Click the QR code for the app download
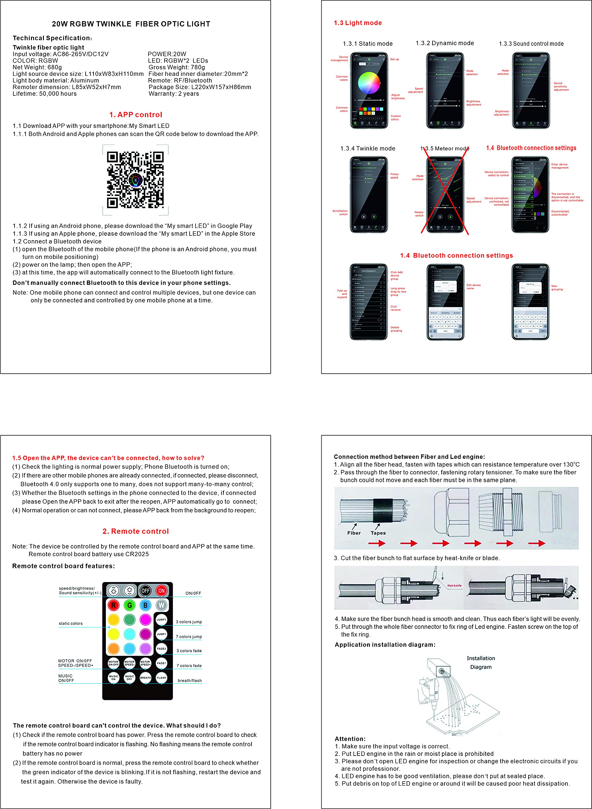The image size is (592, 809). tap(135, 180)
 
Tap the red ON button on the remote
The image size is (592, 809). tap(161, 590)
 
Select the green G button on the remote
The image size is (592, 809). tap(130, 605)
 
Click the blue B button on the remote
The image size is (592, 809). tap(145, 605)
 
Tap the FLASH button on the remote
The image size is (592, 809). tap(161, 678)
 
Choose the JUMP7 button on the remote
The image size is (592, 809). tap(161, 634)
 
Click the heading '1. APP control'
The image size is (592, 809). tap(136, 115)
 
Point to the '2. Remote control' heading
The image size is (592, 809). tap(136, 531)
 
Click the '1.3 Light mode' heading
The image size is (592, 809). tap(358, 23)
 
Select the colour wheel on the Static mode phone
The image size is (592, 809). tap(369, 83)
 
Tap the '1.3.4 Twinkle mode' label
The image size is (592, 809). tap(368, 149)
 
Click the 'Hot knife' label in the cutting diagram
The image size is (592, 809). tap(454, 586)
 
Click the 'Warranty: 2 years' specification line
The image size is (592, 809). tap(174, 94)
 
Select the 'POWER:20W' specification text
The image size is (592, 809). tap(167, 54)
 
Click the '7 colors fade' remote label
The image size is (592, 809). tap(189, 666)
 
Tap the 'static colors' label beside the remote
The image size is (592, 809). tap(70, 623)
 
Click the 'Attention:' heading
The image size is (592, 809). tap(350, 739)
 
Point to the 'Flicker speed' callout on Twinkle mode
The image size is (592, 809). tap(394, 176)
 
